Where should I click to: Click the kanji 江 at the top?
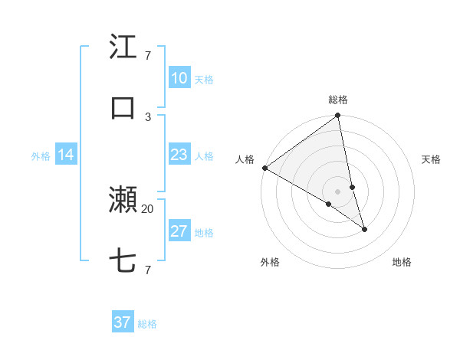[x=123, y=47]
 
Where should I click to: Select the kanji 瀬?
[x=123, y=200]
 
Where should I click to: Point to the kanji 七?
[x=123, y=261]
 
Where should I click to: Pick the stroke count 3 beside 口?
[x=148, y=116]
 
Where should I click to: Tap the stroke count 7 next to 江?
[x=148, y=56]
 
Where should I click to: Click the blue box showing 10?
[x=179, y=78]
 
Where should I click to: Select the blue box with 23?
[x=179, y=155]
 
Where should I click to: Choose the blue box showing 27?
[x=179, y=231]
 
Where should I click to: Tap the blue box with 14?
[x=65, y=155]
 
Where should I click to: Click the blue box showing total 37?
[x=123, y=322]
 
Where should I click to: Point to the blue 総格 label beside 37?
[x=147, y=324]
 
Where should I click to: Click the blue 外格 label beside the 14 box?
[x=41, y=156]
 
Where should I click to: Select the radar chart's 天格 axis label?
[x=431, y=159]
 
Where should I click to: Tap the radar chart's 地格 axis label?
[x=402, y=262]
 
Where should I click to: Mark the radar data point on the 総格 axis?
[x=338, y=116]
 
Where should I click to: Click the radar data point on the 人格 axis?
[x=264, y=168]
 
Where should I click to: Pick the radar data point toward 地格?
[x=364, y=229]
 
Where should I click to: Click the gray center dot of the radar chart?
[x=338, y=191]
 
